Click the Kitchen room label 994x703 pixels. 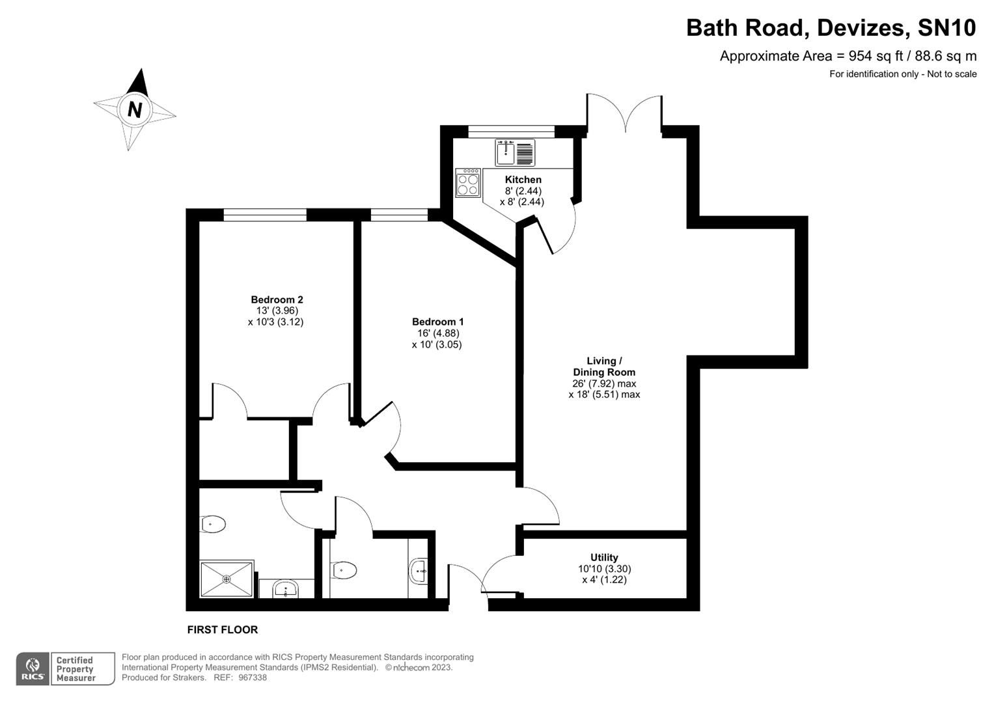[523, 180]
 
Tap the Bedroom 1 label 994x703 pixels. [437, 322]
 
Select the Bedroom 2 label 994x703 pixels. [277, 299]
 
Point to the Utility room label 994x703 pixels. [604, 557]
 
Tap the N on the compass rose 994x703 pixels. [135, 109]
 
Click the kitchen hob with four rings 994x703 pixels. [468, 182]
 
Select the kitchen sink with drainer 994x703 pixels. [514, 153]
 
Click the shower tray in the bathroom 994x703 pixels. [227, 579]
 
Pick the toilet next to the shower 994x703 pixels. [213, 524]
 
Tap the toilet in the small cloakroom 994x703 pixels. [344, 571]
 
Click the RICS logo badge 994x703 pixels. [32, 669]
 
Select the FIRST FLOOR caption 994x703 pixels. [222, 629]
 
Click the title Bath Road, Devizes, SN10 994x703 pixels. [831, 28]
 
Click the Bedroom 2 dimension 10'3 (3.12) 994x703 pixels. [275, 322]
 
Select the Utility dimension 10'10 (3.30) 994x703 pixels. [604, 568]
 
